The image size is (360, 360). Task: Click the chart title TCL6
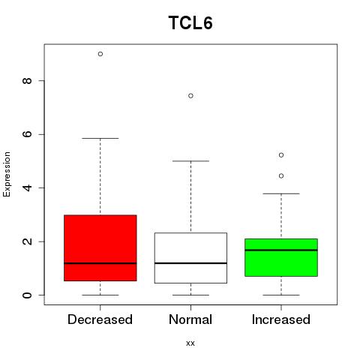point(190,23)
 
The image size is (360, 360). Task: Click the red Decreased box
point(100,247)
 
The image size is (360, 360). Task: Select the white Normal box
point(190,258)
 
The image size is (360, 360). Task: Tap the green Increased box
point(281,257)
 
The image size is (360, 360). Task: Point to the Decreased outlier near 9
point(100,54)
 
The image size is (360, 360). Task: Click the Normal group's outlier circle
point(190,96)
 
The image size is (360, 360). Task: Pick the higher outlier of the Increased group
point(281,155)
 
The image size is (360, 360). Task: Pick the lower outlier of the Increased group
point(281,176)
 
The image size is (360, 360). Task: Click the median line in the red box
point(100,263)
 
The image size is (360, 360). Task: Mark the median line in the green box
point(281,250)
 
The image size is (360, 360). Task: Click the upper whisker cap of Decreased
point(100,138)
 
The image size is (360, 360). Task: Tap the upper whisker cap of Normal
point(190,161)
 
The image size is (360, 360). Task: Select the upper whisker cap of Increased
point(281,193)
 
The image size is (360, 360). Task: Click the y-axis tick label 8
point(27,80)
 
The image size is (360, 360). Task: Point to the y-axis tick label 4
point(27,187)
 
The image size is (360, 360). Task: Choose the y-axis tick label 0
point(27,295)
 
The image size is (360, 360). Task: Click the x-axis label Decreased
point(100,319)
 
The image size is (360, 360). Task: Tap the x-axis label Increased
point(281,319)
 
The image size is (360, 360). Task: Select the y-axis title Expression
point(7,174)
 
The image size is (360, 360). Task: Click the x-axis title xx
point(190,343)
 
